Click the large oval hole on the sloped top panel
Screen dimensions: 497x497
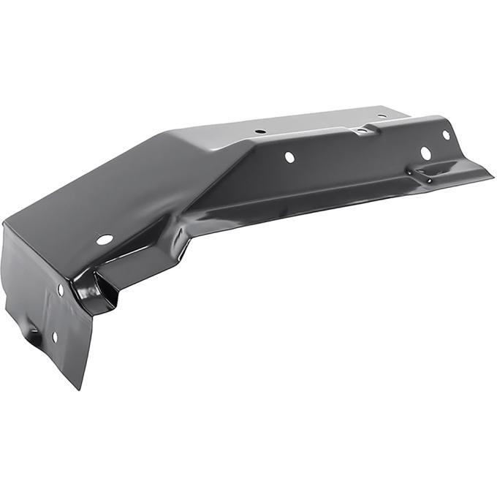click(x=105, y=240)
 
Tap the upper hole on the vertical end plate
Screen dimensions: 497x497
click(x=60, y=289)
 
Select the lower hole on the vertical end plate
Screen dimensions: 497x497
click(x=54, y=336)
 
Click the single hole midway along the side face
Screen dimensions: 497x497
click(x=289, y=157)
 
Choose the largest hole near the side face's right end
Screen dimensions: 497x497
click(x=425, y=153)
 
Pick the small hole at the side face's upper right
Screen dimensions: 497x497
click(x=446, y=135)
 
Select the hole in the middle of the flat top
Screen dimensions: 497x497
click(x=260, y=132)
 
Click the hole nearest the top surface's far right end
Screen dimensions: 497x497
click(x=380, y=115)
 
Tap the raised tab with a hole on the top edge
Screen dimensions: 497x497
click(x=361, y=132)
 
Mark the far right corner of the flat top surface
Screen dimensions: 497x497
click(x=406, y=110)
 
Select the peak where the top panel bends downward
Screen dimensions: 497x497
click(x=167, y=135)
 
